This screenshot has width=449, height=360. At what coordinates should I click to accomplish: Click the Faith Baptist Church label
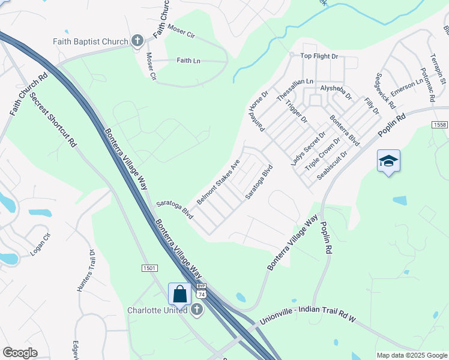coord(91,41)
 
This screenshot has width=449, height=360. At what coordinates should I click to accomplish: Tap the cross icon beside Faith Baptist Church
coord(137,41)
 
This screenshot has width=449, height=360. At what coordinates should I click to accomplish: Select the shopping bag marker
coord(179,294)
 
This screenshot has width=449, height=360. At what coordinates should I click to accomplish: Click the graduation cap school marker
coord(388,161)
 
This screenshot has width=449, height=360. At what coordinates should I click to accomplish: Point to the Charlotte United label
coord(158,310)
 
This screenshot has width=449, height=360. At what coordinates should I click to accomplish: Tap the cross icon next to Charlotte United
coord(196,310)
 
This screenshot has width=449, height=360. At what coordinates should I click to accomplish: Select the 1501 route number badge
coord(149,268)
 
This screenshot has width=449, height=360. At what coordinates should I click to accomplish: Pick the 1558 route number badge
coord(439,124)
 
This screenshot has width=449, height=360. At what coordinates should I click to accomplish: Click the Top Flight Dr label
coord(319,56)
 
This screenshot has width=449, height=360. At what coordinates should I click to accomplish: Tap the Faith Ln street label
coord(188,61)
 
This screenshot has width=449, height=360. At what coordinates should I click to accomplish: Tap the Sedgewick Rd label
coord(385,91)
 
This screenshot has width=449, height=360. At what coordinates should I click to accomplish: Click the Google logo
coord(20,353)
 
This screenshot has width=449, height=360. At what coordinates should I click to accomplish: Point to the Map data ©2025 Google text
coord(411,355)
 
